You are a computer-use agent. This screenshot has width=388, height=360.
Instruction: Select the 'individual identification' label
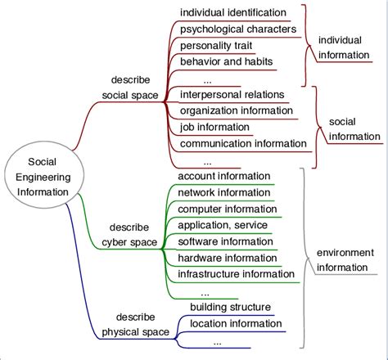coord(232,12)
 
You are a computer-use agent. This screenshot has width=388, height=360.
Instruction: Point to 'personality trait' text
coord(216,45)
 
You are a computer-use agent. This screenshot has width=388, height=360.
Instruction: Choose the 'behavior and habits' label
coord(226,61)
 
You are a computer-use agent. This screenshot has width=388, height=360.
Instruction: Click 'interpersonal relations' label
coord(231,94)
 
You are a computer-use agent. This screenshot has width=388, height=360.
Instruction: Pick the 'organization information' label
coord(236,110)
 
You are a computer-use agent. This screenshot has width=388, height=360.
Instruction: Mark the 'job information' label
coord(214,127)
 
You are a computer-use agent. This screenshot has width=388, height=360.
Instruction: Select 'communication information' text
coord(243,143)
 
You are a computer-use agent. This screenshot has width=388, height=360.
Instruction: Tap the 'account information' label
coord(223,176)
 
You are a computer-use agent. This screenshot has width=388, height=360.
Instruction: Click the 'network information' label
coord(223,192)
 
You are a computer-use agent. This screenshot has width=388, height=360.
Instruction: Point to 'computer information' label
coord(227,209)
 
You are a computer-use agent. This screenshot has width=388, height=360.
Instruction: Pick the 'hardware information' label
coord(227,258)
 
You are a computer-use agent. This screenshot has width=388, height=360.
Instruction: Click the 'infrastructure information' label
coord(237,274)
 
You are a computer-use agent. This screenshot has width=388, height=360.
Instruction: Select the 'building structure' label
coord(230,307)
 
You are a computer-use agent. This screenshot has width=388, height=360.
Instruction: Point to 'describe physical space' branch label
coord(135,324)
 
